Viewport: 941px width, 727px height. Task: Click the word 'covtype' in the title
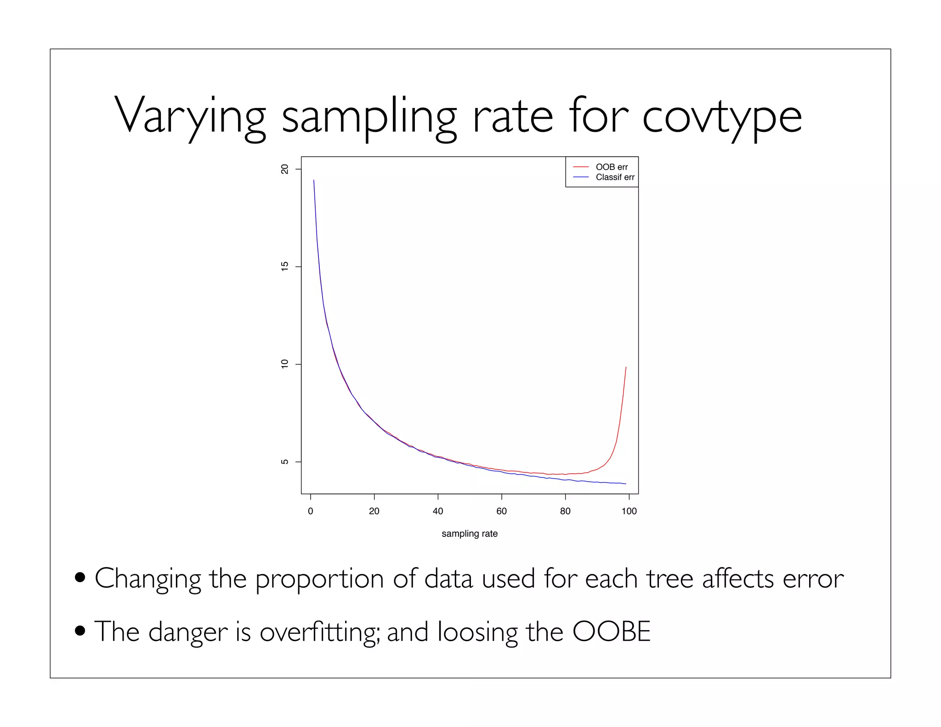tap(721, 117)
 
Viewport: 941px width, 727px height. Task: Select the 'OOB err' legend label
tap(612, 167)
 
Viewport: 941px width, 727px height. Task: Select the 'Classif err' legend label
tap(615, 177)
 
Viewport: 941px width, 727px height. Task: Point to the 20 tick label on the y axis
tap(284, 169)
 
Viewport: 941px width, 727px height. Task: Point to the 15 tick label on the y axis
tap(284, 267)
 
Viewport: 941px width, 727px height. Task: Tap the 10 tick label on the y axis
tap(284, 364)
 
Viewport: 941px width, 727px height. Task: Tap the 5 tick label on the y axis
tap(284, 462)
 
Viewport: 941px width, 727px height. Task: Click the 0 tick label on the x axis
tap(311, 511)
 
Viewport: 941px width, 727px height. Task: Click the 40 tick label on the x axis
tap(438, 511)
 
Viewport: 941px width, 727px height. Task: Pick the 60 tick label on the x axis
tap(501, 511)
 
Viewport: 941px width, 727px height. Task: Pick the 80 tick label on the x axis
tap(565, 511)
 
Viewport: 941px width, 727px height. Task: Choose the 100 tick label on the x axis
tap(629, 511)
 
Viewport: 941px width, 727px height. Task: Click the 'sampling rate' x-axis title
tap(469, 534)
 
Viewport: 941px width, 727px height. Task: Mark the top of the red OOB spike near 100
tap(626, 367)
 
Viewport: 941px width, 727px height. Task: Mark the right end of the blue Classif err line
tap(625, 483)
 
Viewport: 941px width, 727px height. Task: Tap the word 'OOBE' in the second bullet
tap(611, 631)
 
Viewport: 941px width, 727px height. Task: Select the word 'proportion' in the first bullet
tap(319, 579)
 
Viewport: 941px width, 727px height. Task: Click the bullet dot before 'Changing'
tap(80, 577)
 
